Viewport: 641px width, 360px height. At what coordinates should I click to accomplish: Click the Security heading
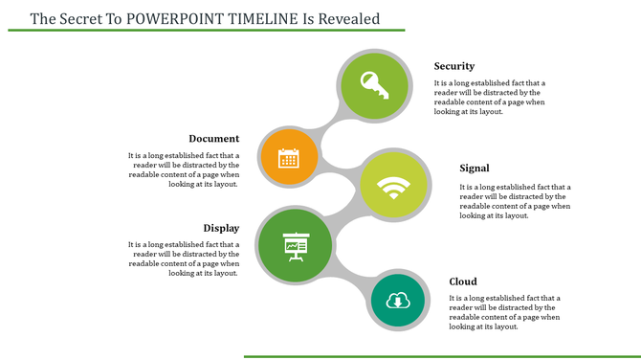click(x=453, y=66)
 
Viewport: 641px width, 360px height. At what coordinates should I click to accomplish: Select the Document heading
click(x=213, y=139)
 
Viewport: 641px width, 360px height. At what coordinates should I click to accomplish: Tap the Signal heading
click(x=475, y=169)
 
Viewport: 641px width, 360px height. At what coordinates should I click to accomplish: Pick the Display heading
click(x=221, y=228)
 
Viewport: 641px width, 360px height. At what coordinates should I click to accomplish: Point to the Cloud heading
click(x=463, y=281)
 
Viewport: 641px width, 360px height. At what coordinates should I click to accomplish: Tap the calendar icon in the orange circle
click(x=289, y=158)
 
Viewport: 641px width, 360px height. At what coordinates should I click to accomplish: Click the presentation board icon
click(x=294, y=246)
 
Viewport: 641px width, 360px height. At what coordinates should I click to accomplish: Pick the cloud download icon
click(x=397, y=302)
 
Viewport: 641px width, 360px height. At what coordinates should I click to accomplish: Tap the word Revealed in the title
click(x=349, y=18)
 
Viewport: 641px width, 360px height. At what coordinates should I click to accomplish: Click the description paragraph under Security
click(x=490, y=98)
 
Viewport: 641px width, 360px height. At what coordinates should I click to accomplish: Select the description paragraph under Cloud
click(x=504, y=312)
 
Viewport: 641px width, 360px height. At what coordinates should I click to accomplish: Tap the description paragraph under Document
click(x=184, y=169)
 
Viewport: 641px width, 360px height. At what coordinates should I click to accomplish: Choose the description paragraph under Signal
click(x=515, y=201)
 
